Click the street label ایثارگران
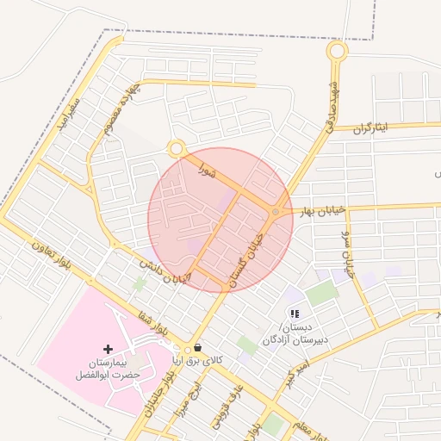370,127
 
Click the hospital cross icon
108,349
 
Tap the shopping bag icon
199,348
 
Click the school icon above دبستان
295,314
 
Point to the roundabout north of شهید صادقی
337,51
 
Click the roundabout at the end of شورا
177,149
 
